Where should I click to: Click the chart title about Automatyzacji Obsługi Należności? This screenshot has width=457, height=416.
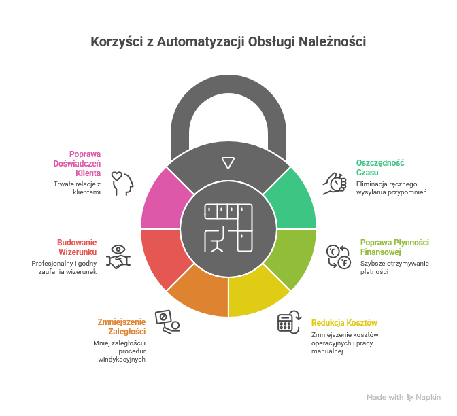point(228,42)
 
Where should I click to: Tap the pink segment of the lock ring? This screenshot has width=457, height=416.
point(163,201)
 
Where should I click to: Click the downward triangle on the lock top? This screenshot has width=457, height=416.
point(228,162)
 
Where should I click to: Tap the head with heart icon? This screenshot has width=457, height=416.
point(122,183)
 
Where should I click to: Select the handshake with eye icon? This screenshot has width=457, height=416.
point(118,257)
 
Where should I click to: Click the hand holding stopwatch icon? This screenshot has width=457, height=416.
point(334,182)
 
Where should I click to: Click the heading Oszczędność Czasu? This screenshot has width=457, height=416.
point(380,167)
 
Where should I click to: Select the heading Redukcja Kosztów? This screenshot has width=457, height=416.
point(344,322)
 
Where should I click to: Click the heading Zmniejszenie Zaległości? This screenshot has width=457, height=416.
point(122,326)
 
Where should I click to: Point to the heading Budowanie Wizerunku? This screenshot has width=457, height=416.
point(78,247)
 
